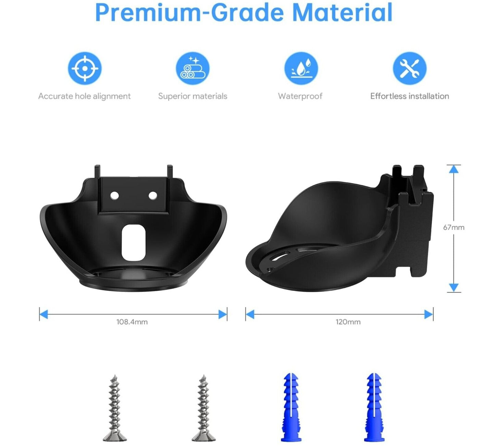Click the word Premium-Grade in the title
click(189, 13)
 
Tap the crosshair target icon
click(85, 68)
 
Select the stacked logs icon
click(193, 68)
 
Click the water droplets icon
click(301, 68)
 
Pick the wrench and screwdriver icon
click(410, 68)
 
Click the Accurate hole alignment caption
click(84, 96)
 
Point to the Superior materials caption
click(193, 96)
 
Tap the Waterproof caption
click(300, 96)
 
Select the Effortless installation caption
click(410, 96)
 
